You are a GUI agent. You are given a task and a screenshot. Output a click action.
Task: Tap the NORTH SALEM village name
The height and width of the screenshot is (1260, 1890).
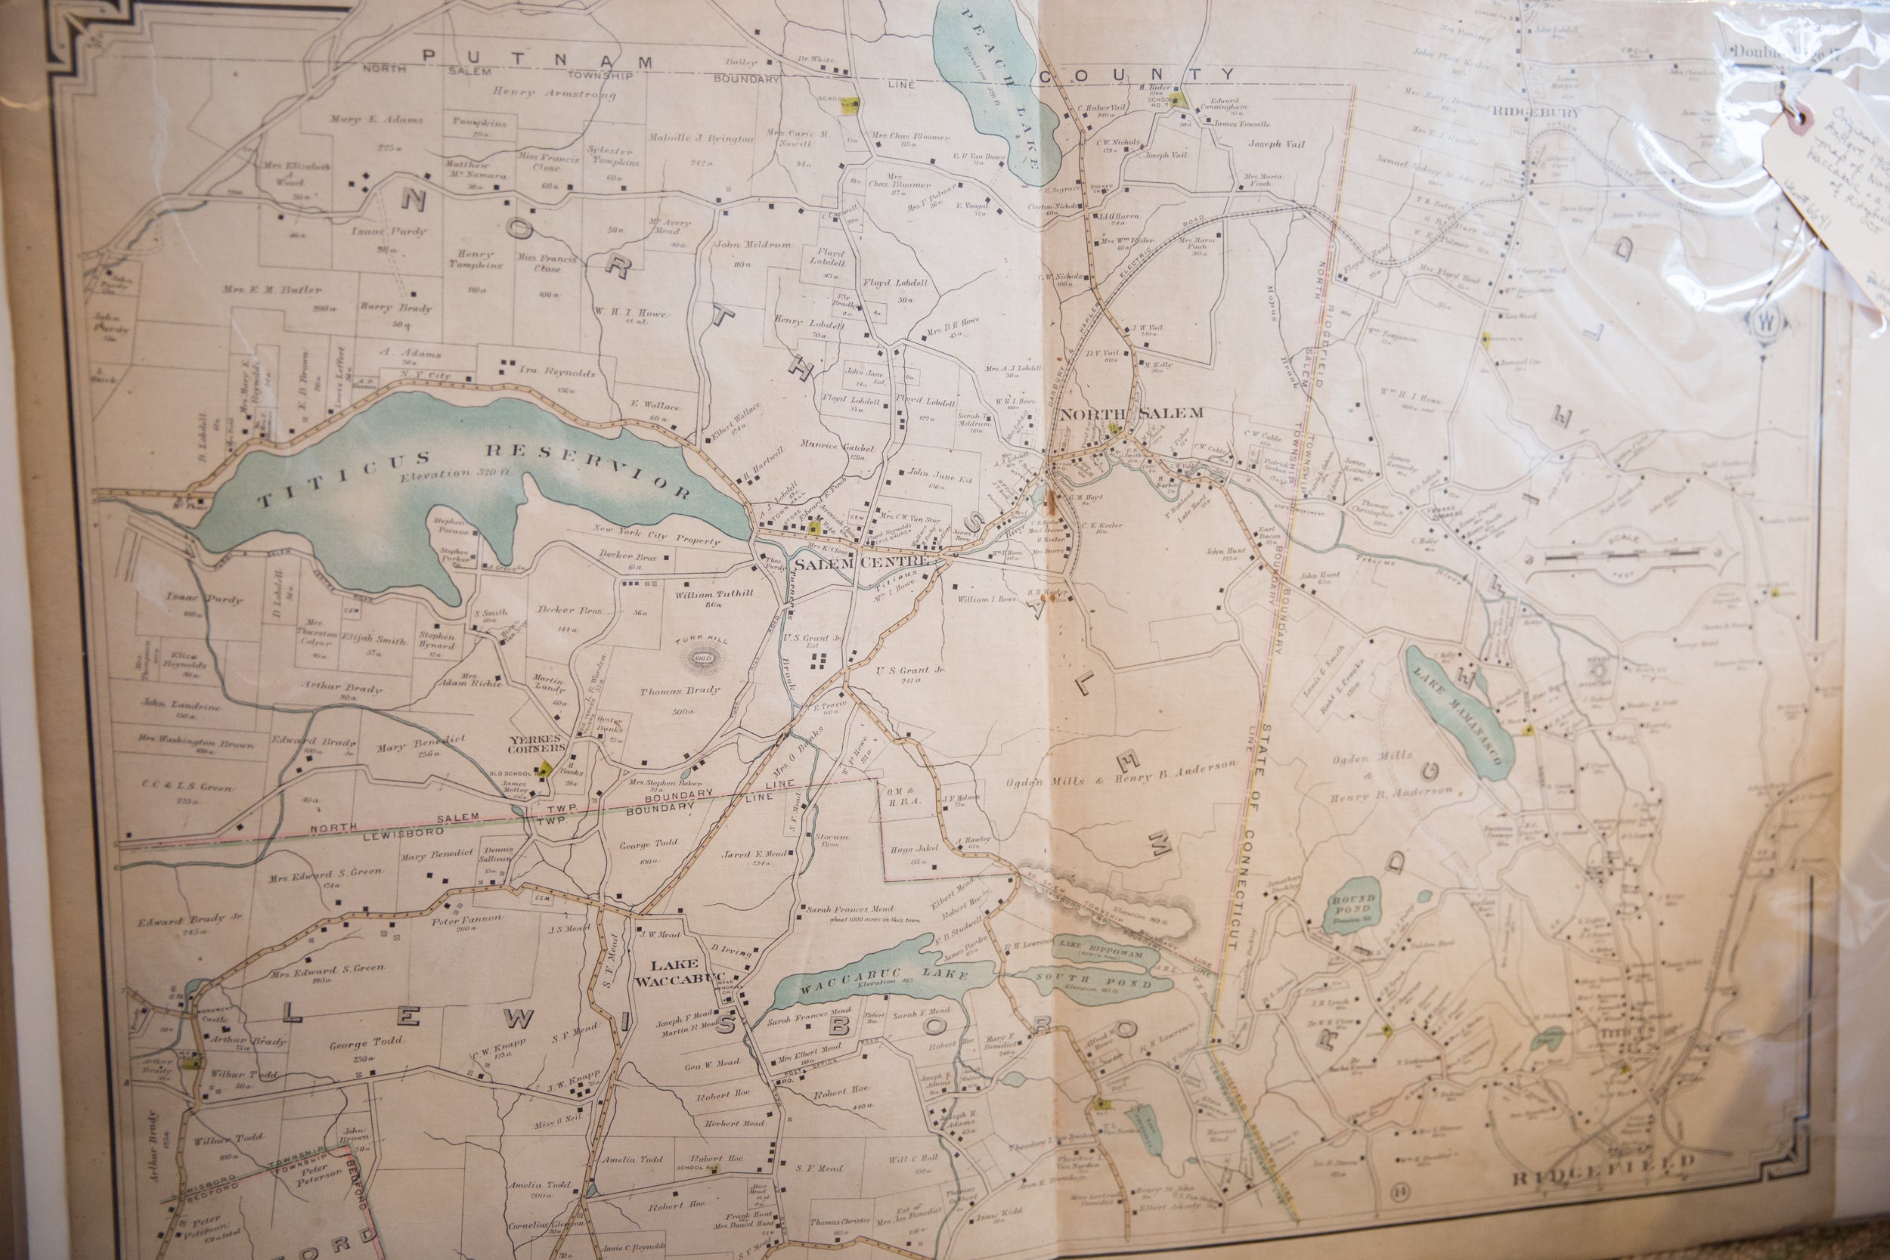click(x=1132, y=413)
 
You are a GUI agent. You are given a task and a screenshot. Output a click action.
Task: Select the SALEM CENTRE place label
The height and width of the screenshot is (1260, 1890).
click(x=861, y=562)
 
